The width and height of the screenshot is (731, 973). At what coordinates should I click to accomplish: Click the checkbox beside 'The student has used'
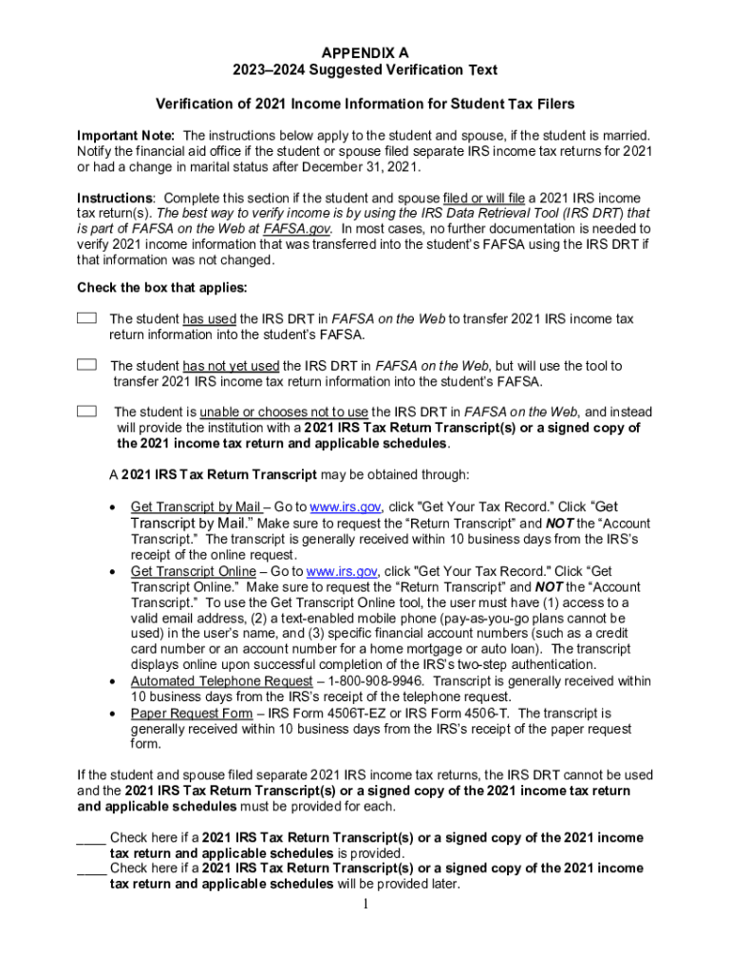[x=86, y=318]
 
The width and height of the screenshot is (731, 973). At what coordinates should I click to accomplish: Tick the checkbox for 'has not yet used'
[x=86, y=365]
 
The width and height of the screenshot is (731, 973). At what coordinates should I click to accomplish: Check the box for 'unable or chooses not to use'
[x=86, y=411]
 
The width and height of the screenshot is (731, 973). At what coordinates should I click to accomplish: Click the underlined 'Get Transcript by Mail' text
[x=196, y=507]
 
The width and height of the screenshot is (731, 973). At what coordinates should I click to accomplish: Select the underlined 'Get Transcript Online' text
[x=193, y=571]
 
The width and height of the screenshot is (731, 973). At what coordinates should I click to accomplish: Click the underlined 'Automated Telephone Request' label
[x=221, y=681]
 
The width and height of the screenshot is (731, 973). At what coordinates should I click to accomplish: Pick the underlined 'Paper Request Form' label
[x=191, y=713]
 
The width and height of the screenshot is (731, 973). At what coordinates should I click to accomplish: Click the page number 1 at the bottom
[x=365, y=903]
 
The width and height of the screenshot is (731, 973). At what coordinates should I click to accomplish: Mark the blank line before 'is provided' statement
[x=90, y=838]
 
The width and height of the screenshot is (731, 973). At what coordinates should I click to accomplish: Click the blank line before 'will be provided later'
[x=90, y=868]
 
